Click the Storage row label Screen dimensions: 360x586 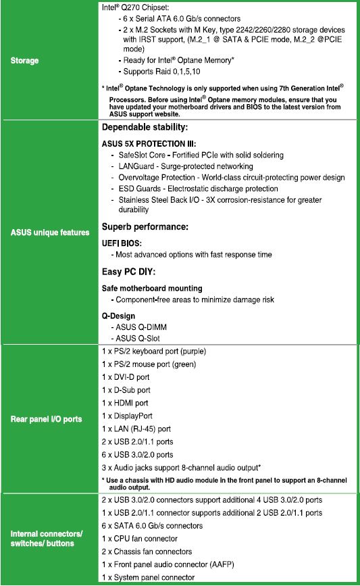pos(24,61)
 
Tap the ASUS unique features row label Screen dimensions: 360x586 pos(50,233)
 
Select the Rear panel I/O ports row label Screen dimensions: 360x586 pos(46,419)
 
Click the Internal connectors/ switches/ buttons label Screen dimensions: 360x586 pos(47,539)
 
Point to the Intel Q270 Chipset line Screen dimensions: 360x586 pos(138,7)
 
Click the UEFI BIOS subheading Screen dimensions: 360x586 pos(121,242)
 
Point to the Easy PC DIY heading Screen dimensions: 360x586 pos(128,272)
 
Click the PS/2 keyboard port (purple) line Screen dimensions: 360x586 pos(163,351)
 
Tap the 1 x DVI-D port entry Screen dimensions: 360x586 pos(126,377)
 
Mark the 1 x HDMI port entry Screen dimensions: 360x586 pos(125,403)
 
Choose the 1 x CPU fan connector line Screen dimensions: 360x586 pos(139,539)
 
